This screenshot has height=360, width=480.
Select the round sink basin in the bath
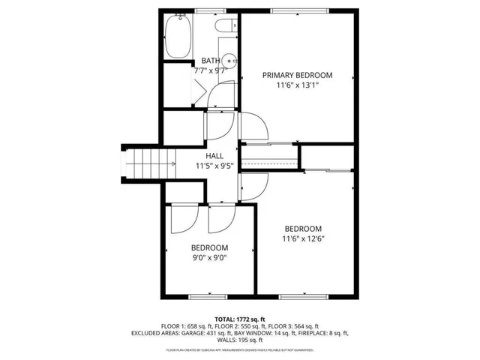point(232,62)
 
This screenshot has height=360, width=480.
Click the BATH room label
point(211,61)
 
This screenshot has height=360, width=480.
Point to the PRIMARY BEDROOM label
point(297,75)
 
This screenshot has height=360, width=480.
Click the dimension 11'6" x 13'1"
point(297,85)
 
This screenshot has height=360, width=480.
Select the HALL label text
point(215,156)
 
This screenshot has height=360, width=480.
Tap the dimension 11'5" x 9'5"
point(215,166)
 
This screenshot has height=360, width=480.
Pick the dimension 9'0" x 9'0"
point(209,258)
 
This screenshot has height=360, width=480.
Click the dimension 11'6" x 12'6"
point(302,239)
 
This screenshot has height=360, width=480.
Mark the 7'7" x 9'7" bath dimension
point(211,70)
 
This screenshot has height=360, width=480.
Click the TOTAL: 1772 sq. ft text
point(240,319)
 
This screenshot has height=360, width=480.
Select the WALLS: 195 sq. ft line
point(240,339)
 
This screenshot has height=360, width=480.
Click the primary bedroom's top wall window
point(300,10)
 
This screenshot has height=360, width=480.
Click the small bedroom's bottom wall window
point(208,297)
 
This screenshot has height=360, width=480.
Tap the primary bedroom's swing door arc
point(253,122)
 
